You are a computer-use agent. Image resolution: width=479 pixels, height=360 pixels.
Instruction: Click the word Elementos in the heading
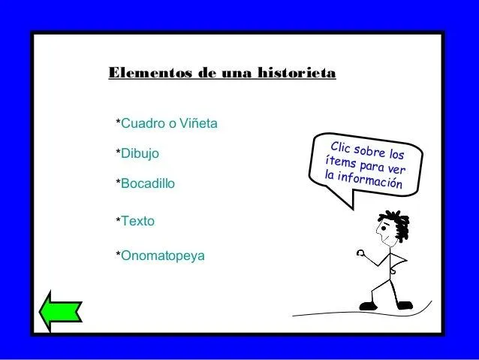(x=147, y=74)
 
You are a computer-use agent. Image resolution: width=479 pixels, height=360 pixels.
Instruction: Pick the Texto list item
(x=137, y=222)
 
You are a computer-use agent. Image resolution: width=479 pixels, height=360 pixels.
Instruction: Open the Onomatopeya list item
(x=162, y=256)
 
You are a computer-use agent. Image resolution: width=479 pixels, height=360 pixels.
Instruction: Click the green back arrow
(x=60, y=312)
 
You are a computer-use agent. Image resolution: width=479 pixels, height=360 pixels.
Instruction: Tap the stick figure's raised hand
(x=361, y=253)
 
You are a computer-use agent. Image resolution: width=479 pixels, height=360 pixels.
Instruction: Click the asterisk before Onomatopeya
(x=116, y=256)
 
